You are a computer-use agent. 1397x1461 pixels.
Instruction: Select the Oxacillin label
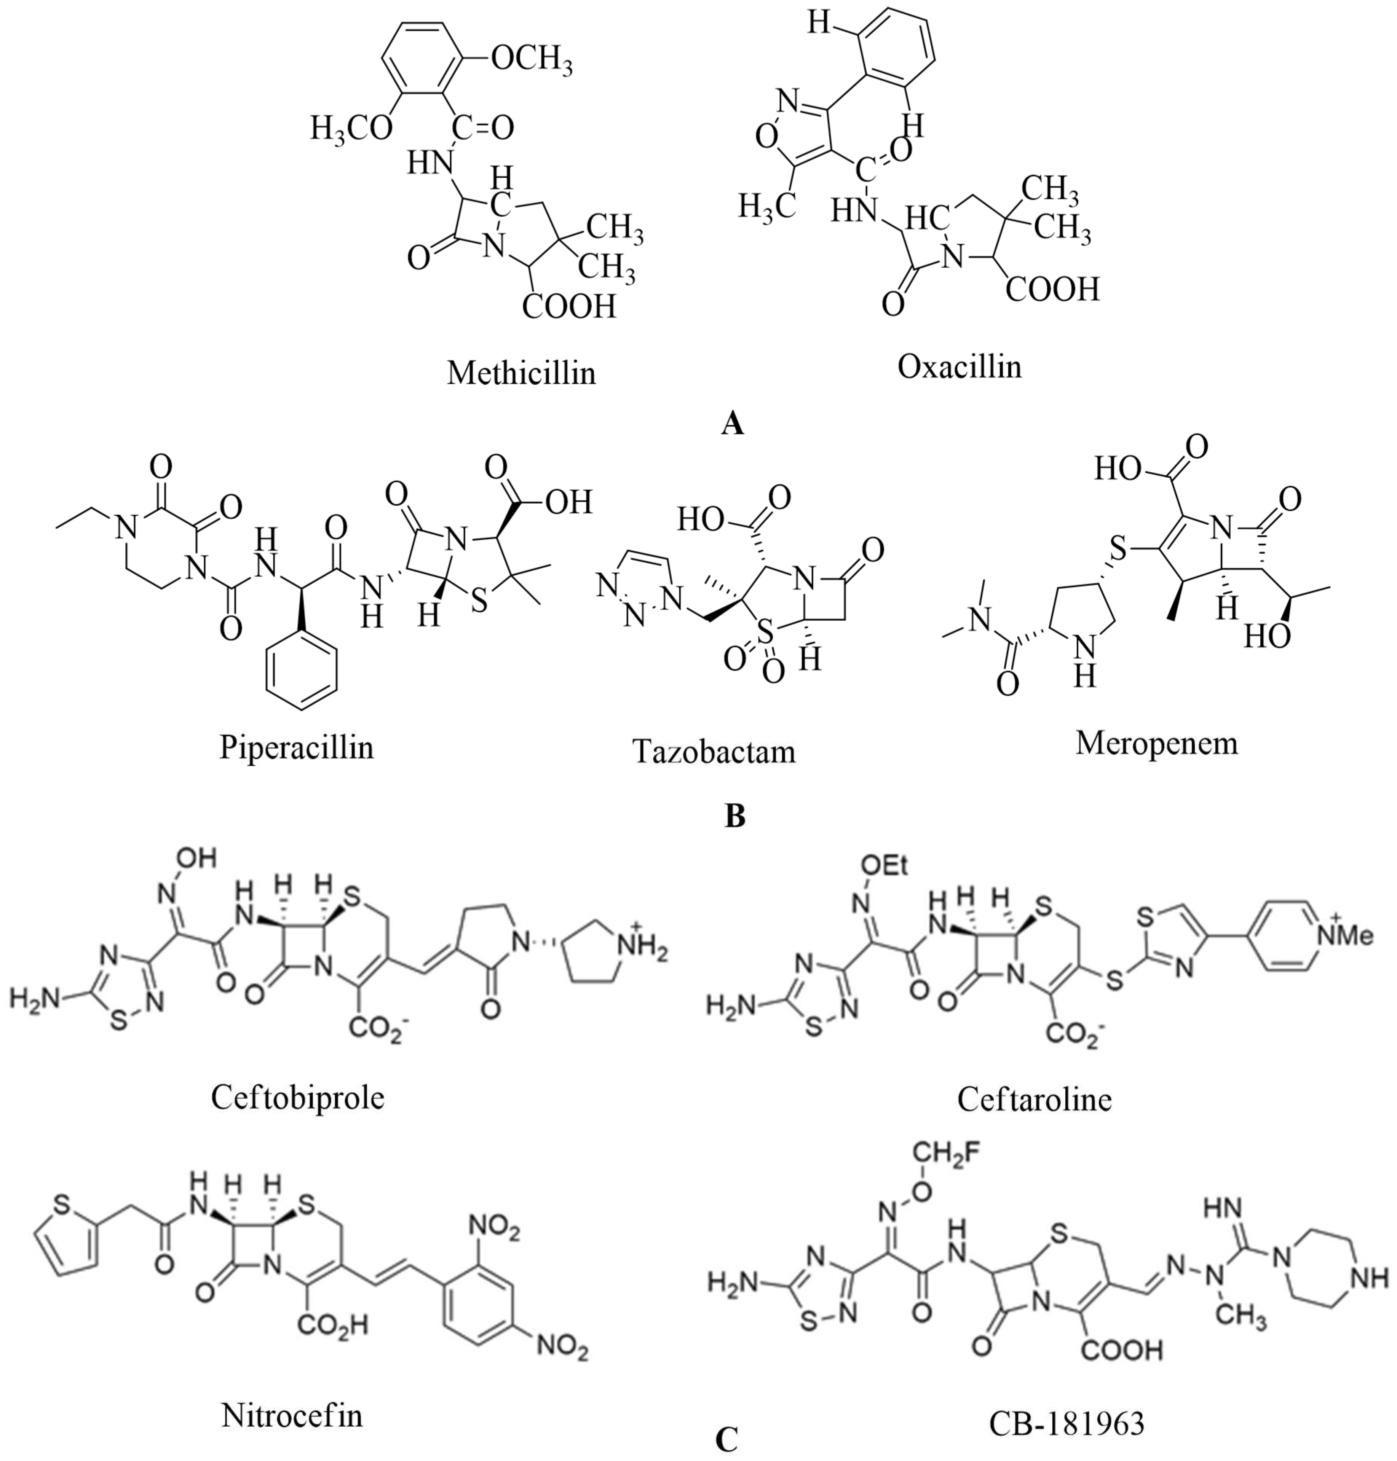click(x=959, y=366)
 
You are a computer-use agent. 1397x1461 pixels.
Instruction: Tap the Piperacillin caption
click(x=296, y=746)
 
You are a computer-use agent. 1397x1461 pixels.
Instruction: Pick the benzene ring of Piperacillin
click(x=302, y=668)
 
